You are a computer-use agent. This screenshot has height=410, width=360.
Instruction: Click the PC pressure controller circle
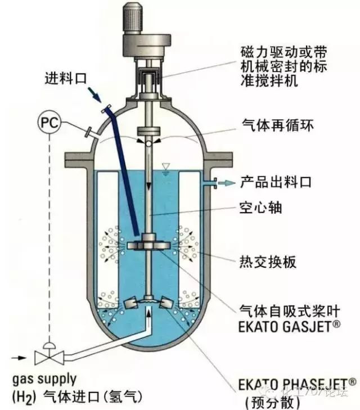[47, 120]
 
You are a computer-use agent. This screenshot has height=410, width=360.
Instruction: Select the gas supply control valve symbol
[48, 357]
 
